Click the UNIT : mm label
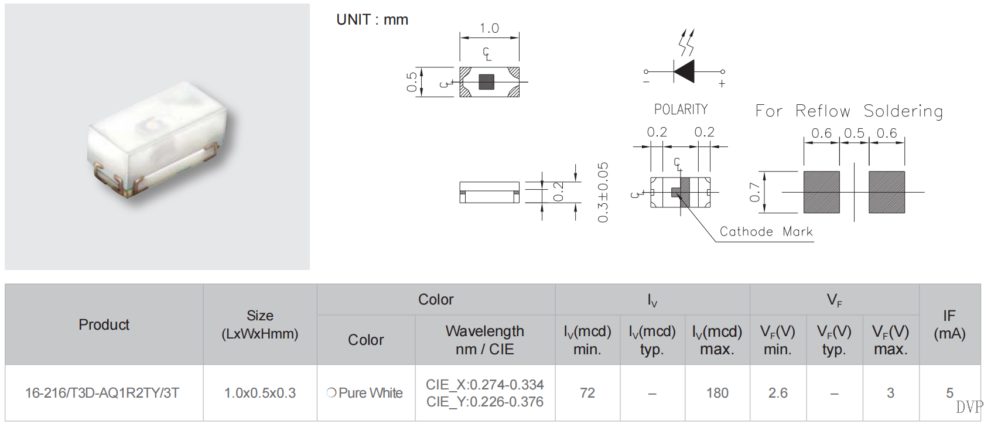(x=372, y=20)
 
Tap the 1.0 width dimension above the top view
(x=489, y=29)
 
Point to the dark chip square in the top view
(x=486, y=82)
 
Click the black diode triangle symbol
(x=684, y=71)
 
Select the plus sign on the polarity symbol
(x=722, y=84)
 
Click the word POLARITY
(x=681, y=110)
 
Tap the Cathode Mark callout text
(x=766, y=231)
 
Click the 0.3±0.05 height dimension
(x=603, y=193)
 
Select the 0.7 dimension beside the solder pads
(x=754, y=193)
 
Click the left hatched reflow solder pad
(x=821, y=192)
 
